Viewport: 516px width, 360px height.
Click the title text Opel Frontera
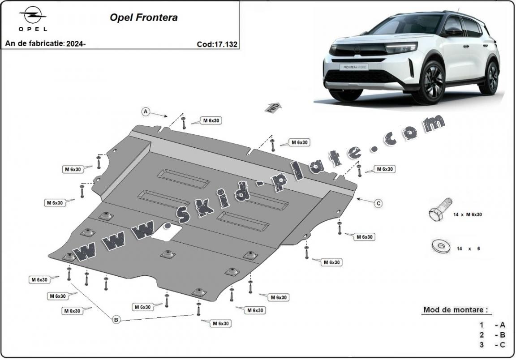tap(143, 18)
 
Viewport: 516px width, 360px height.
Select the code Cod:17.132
tap(217, 44)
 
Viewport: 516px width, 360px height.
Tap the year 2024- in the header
tap(76, 44)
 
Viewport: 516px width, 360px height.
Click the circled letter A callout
tap(146, 112)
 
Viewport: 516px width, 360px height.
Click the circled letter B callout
tap(116, 320)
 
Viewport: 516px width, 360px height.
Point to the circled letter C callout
tap(378, 203)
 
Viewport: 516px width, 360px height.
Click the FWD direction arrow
tap(275, 108)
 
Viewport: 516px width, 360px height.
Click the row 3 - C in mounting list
tap(493, 344)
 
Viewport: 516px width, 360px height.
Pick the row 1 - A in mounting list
tap(493, 325)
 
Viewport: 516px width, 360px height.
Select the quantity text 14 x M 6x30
tap(468, 215)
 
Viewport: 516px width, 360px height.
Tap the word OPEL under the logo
tap(33, 29)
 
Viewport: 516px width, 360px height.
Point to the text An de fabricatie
tap(34, 44)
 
